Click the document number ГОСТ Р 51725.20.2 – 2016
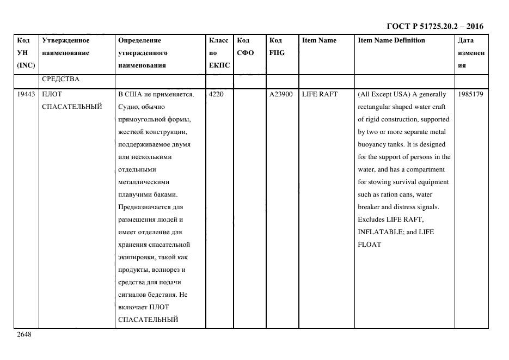pyautogui.click(x=434, y=26)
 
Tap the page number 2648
pyautogui.click(x=24, y=334)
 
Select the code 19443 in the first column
pyautogui.click(x=26, y=94)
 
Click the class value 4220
pyautogui.click(x=217, y=94)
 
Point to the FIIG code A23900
pyautogui.click(x=281, y=94)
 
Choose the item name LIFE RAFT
pyautogui.click(x=320, y=94)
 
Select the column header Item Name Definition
pyautogui.click(x=391, y=40)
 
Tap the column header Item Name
pyautogui.click(x=319, y=40)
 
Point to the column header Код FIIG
pyautogui.click(x=277, y=46)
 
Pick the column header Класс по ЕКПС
pyautogui.click(x=219, y=53)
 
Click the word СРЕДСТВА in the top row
pyautogui.click(x=60, y=80)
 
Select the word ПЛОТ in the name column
pyautogui.click(x=52, y=94)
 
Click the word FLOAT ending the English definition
pyautogui.click(x=369, y=245)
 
